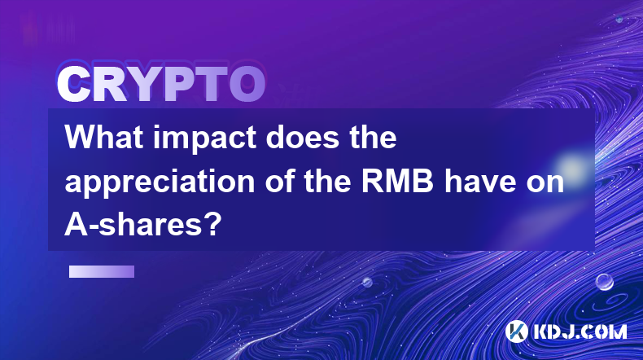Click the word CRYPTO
(x=161, y=84)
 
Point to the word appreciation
(x=160, y=182)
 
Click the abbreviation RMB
(x=397, y=182)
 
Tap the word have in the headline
(x=479, y=182)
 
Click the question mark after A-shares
(x=212, y=225)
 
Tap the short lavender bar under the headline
(x=102, y=272)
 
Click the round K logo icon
(x=517, y=331)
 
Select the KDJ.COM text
(x=580, y=331)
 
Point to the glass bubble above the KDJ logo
(x=605, y=282)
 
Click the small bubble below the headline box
(x=367, y=282)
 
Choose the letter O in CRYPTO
(x=247, y=84)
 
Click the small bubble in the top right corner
(x=619, y=19)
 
